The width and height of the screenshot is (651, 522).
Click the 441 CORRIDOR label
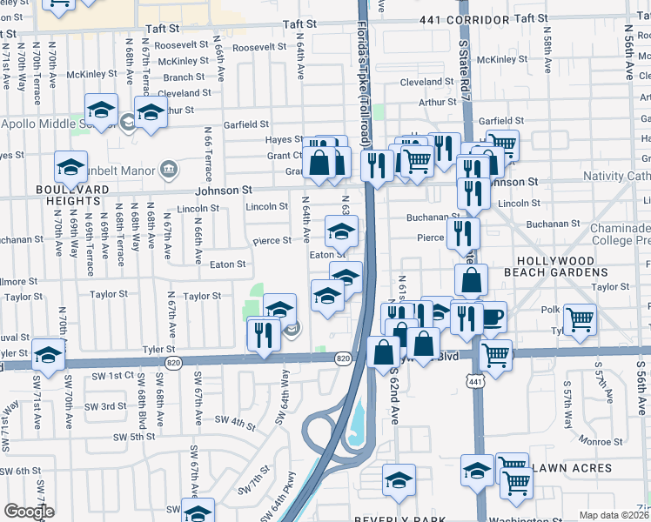464,18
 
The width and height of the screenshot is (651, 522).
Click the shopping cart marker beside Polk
579,319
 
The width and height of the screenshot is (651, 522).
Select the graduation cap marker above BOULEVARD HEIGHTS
70,166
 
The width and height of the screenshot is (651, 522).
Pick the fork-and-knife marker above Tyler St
263,333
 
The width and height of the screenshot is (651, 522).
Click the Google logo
29,512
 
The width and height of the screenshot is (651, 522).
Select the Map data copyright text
614,515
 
